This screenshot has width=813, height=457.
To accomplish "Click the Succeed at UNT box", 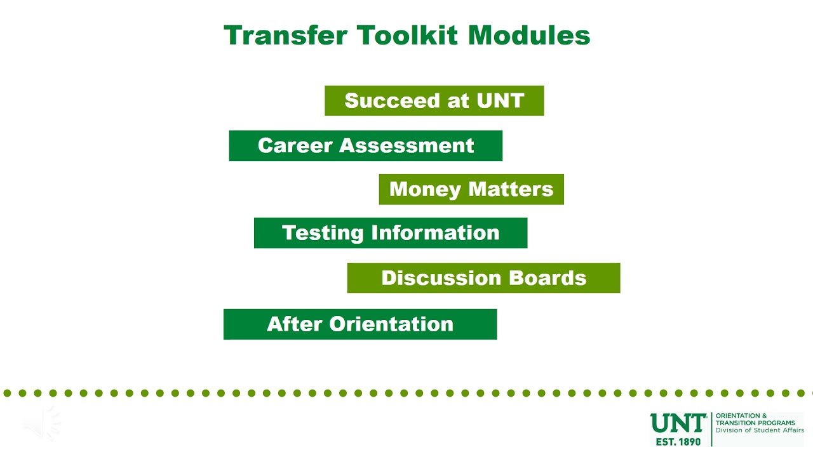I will pyautogui.click(x=434, y=101).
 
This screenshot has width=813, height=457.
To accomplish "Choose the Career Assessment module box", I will pyautogui.click(x=365, y=146).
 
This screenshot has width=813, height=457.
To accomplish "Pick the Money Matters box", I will pyautogui.click(x=471, y=189).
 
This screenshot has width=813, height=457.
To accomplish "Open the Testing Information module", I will pyautogui.click(x=390, y=233).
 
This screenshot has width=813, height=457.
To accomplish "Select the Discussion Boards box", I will pyautogui.click(x=483, y=278).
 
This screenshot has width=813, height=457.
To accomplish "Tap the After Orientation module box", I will pyautogui.click(x=359, y=324).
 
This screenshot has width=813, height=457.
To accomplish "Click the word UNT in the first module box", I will pyautogui.click(x=502, y=101).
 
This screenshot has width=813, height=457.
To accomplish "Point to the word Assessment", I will pyautogui.click(x=406, y=146).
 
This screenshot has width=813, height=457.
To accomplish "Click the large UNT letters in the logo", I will pyautogui.click(x=678, y=423).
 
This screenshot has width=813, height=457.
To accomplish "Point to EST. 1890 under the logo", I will pyautogui.click(x=678, y=441).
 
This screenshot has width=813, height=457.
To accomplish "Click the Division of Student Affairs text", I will pyautogui.click(x=759, y=430).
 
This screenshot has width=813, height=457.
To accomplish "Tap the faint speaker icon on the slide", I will pyautogui.click(x=42, y=422).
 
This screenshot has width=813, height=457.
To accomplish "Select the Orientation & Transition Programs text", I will pyautogui.click(x=755, y=419).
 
